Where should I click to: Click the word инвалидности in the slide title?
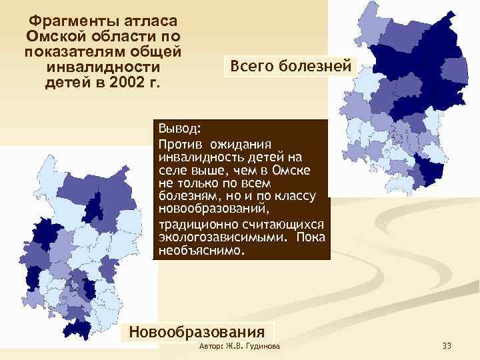pyautogui.click(x=103, y=67)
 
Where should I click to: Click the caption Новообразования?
pyautogui.click(x=196, y=331)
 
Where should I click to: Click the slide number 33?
pyautogui.click(x=447, y=345)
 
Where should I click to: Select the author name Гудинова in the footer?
pyautogui.click(x=263, y=346)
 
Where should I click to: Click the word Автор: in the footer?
pyautogui.click(x=212, y=346)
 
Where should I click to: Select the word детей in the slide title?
pyautogui.click(x=66, y=83)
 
